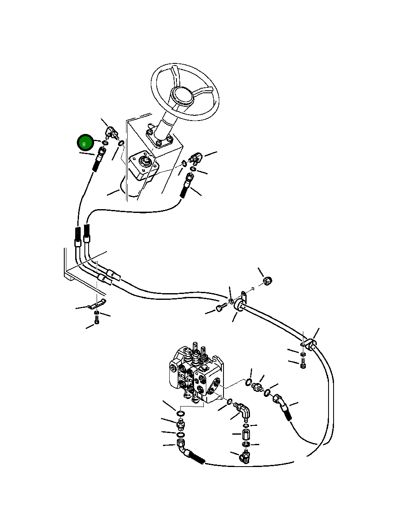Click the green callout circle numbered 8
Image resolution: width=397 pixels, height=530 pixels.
tap(85, 143)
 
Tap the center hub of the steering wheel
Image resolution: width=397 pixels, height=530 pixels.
tap(184, 96)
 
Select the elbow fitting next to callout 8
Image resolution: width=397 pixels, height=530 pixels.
tap(111, 133)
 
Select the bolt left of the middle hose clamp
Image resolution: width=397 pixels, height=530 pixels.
tap(220, 309)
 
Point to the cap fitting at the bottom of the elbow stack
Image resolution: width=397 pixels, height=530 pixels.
tap(245, 457)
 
